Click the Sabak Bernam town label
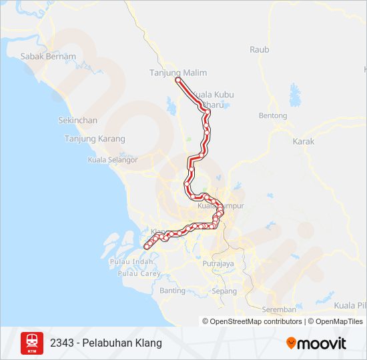pyautogui.click(x=48, y=57)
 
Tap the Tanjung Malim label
pyautogui.click(x=177, y=73)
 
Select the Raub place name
pyautogui.click(x=259, y=49)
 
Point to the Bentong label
pyautogui.click(x=272, y=115)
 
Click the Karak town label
pyautogui.click(x=303, y=141)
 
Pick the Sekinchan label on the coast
pyautogui.click(x=78, y=121)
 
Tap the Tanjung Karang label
pyautogui.click(x=94, y=139)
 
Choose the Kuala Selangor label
pyautogui.click(x=113, y=160)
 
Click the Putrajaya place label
pyautogui.click(x=218, y=264)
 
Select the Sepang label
pyautogui.click(x=224, y=291)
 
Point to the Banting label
pyautogui.click(x=172, y=291)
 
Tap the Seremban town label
pyautogui.click(x=279, y=309)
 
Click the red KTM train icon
pyautogui.click(x=32, y=343)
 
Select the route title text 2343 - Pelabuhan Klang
pyautogui.click(x=105, y=343)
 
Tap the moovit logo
pyautogui.click(x=316, y=343)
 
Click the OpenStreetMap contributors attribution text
pyautogui.click(x=252, y=321)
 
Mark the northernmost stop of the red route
pyautogui.click(x=178, y=80)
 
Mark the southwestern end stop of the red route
pyautogui.click(x=147, y=247)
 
